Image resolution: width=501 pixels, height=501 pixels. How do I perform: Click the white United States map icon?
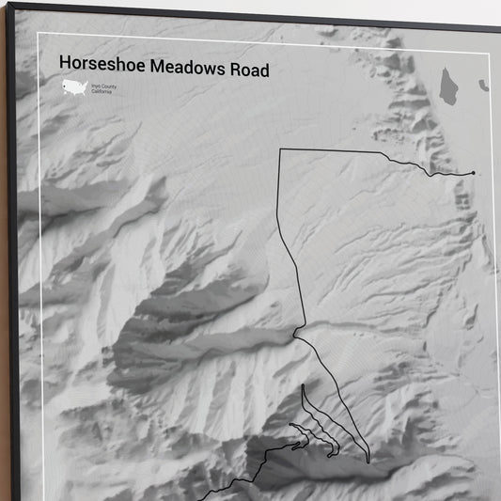pyautogui.click(x=74, y=87)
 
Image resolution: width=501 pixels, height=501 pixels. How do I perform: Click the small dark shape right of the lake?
pyautogui.click(x=483, y=86)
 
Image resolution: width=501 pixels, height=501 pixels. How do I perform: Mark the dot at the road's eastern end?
pyautogui.click(x=473, y=173)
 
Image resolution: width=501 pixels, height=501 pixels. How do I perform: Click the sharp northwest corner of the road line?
pyautogui.click(x=280, y=149)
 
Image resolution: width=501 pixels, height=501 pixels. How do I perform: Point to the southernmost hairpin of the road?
pyautogui.click(x=368, y=461)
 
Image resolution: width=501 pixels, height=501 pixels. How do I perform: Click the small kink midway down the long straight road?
pyautogui.click(x=295, y=332)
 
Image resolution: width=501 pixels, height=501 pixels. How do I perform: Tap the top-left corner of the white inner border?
pyautogui.click(x=39, y=35)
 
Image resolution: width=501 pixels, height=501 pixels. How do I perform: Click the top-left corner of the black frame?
pyautogui.click(x=8, y=5)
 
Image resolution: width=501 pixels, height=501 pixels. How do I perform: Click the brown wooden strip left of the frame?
pyautogui.click(x=4, y=282)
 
